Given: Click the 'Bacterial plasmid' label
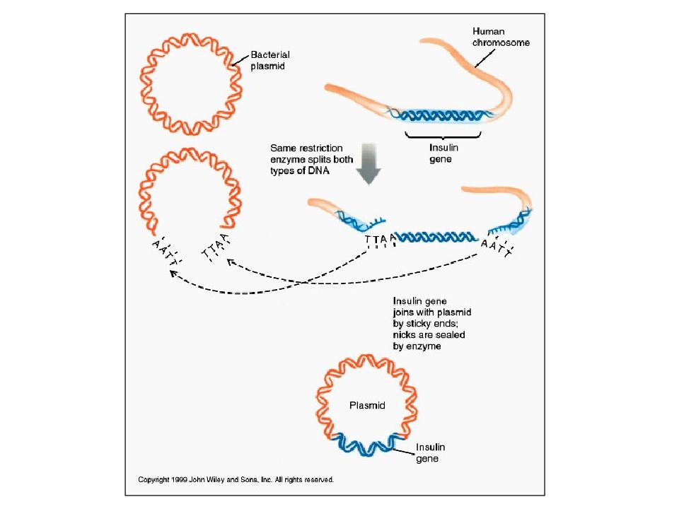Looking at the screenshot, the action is coord(270,60).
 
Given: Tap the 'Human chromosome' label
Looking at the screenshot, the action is coord(501,37).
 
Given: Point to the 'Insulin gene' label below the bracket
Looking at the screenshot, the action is coord(443,153).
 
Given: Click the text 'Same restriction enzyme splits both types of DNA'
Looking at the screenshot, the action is coord(311,159).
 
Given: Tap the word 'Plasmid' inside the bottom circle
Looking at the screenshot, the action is coord(367,405).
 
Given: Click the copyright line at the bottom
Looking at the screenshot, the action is coord(236,479).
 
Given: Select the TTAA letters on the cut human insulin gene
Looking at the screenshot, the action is coord(381,239).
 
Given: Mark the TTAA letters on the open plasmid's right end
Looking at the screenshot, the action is coord(215,247).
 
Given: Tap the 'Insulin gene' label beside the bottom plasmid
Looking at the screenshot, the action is coord(430,452).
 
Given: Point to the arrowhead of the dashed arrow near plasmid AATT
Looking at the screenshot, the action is coord(173,273).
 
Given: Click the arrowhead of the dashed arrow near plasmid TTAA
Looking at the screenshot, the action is coord(230,262).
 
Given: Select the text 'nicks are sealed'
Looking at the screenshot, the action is coord(429,334).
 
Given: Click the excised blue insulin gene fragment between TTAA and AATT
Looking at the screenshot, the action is coord(436,237).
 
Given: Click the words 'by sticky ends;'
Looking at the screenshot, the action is coord(425,323).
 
